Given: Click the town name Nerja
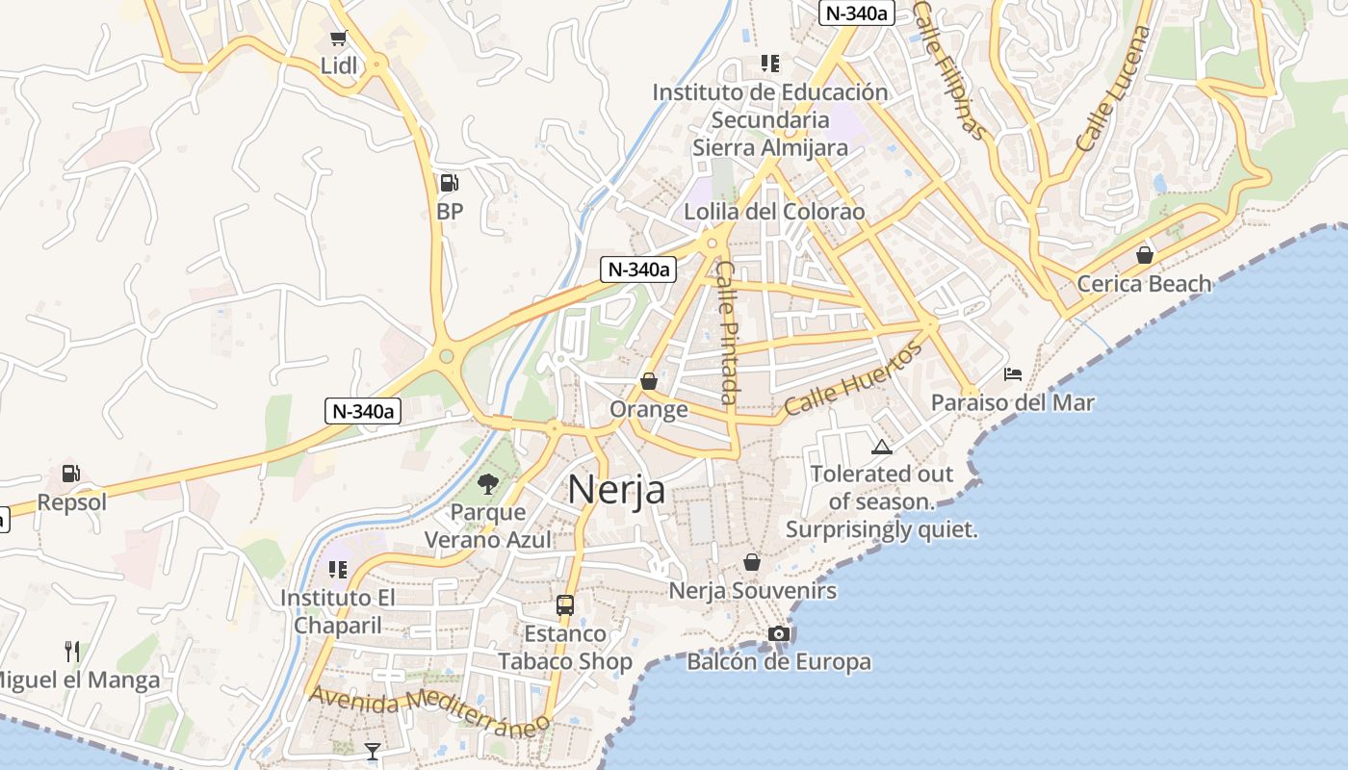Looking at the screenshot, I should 616,490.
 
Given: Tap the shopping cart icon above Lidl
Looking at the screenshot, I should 338,38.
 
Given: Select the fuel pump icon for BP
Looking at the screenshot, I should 449,182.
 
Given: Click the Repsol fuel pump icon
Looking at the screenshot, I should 71,474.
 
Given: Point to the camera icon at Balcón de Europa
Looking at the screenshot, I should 779,633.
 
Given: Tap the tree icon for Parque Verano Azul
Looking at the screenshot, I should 488,483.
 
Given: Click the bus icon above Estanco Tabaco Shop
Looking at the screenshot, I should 565,605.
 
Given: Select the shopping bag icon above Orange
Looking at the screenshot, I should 649,381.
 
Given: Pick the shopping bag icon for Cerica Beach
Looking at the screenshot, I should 1144,255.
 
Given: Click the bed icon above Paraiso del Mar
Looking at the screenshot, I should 1013,373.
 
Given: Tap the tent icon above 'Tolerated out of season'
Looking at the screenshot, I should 881,447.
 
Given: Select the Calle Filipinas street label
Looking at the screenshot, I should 949,69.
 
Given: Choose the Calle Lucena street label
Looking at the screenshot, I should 1114,89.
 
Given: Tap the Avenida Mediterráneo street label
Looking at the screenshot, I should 429,707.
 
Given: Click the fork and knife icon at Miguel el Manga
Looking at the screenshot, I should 72,652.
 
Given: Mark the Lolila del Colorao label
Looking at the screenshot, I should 774,212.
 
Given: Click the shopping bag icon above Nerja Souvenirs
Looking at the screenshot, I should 752,562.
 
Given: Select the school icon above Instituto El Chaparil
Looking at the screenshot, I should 337,570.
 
